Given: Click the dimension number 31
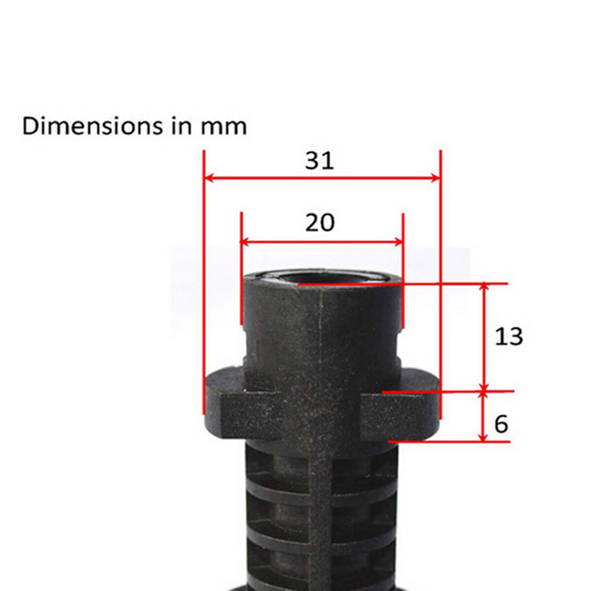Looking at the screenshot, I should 319,161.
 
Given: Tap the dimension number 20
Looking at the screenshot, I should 320,223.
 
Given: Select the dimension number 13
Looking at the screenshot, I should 508,337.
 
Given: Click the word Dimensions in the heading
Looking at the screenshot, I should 92,126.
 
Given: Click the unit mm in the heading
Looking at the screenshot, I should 223,127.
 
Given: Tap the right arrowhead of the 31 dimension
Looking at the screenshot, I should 434,177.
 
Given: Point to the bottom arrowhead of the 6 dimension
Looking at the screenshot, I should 484,437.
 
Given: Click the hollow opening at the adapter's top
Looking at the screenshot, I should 320,278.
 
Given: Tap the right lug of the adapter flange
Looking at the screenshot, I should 401,409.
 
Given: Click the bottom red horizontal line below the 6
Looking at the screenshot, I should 448,441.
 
